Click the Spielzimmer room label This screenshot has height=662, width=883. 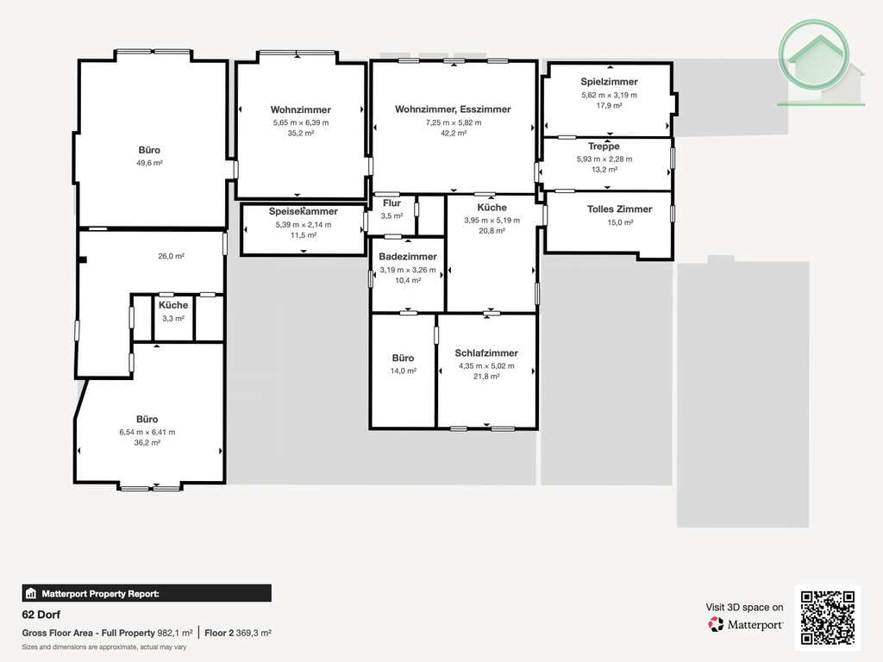[x=609, y=82]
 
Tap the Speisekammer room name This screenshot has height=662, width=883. [x=303, y=211]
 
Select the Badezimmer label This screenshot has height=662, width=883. [x=408, y=257]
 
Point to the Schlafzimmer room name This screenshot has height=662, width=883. [x=486, y=353]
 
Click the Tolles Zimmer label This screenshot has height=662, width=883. [x=619, y=209]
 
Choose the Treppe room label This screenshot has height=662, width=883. [x=604, y=147]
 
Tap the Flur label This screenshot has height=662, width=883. [x=392, y=203]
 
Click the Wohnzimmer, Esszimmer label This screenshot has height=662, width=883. [x=453, y=109]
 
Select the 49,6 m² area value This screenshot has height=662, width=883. [x=149, y=163]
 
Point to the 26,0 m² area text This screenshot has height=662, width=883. [x=172, y=256]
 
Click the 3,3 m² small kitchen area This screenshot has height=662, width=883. [x=173, y=319]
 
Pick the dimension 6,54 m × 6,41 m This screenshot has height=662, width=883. [x=147, y=433]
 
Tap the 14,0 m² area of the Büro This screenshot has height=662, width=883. [x=404, y=371]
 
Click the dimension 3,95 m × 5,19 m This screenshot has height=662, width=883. [x=492, y=220]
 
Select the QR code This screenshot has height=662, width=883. [x=828, y=617]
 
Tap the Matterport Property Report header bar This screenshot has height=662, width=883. [x=147, y=593]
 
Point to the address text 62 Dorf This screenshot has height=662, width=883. [x=41, y=615]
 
